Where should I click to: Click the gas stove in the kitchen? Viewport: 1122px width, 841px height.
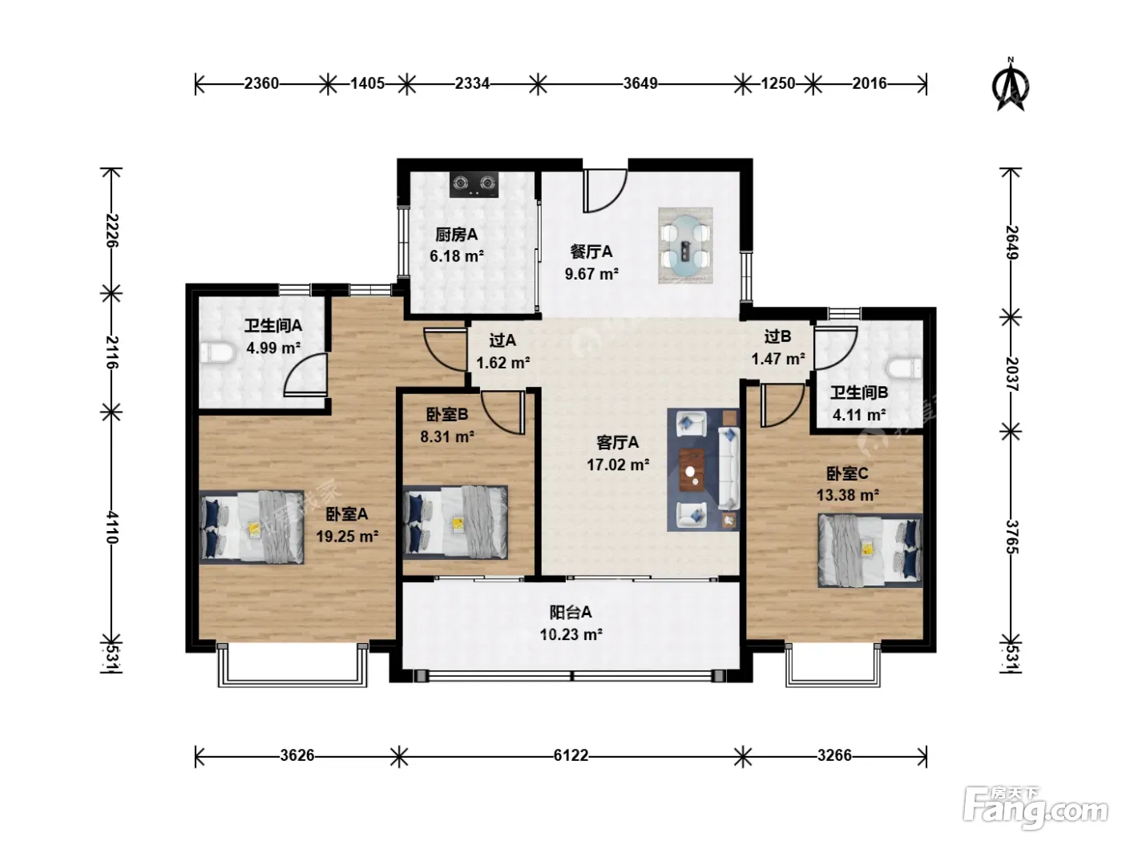click(x=474, y=185)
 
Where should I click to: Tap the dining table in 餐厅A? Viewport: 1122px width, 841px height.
click(x=685, y=246)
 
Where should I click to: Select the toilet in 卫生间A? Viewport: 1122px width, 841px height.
click(x=217, y=353)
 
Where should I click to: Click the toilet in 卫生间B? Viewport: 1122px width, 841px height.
click(x=904, y=368)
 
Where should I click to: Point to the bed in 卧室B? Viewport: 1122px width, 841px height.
click(x=455, y=522)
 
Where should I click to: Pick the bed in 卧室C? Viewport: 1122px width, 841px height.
click(x=870, y=550)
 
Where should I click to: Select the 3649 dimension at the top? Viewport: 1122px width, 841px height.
click(x=640, y=83)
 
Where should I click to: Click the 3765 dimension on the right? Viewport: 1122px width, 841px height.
click(x=1011, y=536)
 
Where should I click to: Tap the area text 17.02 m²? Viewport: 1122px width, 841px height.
click(x=617, y=465)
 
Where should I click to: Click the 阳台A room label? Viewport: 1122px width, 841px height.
click(x=571, y=612)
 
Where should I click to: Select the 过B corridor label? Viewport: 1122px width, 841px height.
click(x=777, y=336)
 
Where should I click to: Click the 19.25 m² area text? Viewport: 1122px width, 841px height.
click(x=347, y=536)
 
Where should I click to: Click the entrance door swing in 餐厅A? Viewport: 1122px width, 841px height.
click(x=606, y=191)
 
